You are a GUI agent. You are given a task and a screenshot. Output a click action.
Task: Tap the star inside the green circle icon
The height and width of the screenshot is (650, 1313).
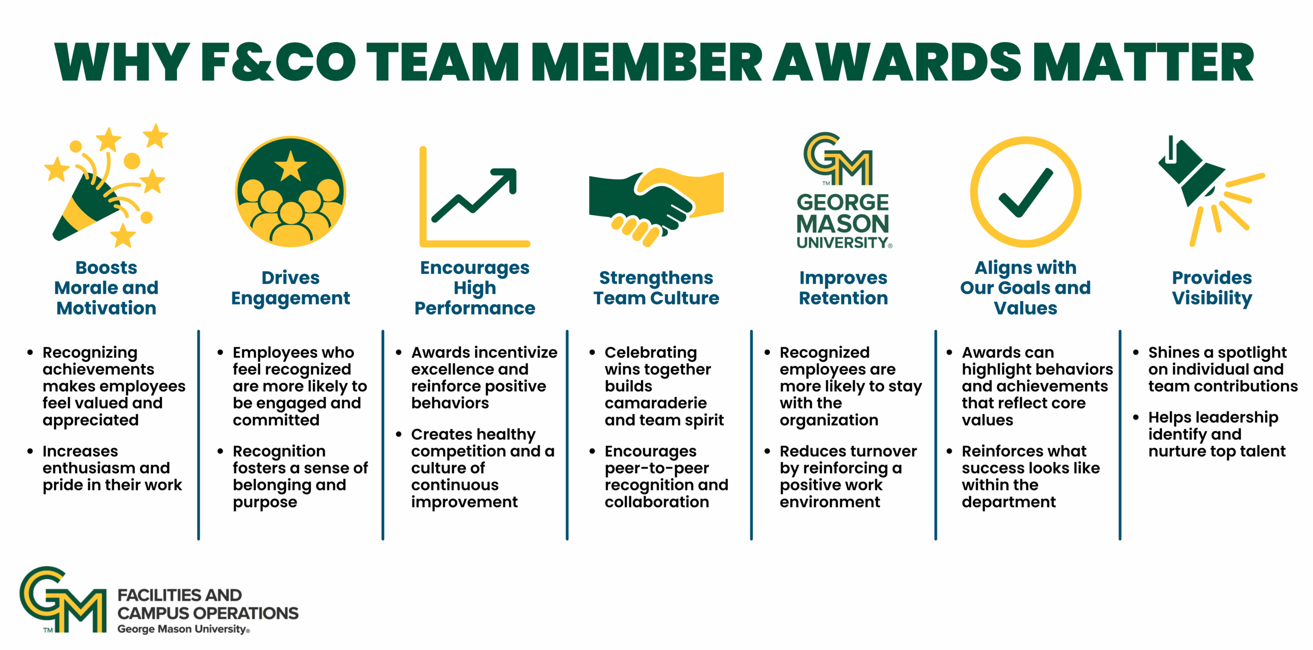291,166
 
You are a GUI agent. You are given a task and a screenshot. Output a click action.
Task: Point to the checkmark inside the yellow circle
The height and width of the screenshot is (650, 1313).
1026,192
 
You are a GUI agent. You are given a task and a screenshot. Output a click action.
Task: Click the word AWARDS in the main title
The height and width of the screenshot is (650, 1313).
897,62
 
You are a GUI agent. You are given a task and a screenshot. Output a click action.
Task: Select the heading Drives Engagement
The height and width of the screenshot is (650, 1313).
291,288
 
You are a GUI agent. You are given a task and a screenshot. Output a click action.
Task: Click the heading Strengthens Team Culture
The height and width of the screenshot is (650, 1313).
656,288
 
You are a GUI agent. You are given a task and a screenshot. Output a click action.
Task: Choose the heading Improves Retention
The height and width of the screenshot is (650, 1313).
844,288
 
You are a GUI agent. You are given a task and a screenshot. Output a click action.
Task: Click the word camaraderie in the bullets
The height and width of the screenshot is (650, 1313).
655,403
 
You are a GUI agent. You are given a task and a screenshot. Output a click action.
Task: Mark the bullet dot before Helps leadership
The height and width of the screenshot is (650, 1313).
1136,418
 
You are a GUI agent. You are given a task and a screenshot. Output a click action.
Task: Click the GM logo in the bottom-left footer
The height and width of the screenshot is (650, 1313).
63,600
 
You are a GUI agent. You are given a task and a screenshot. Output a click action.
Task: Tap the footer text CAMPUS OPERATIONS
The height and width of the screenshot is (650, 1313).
208,613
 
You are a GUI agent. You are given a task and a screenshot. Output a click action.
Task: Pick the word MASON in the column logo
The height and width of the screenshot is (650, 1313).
843,224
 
